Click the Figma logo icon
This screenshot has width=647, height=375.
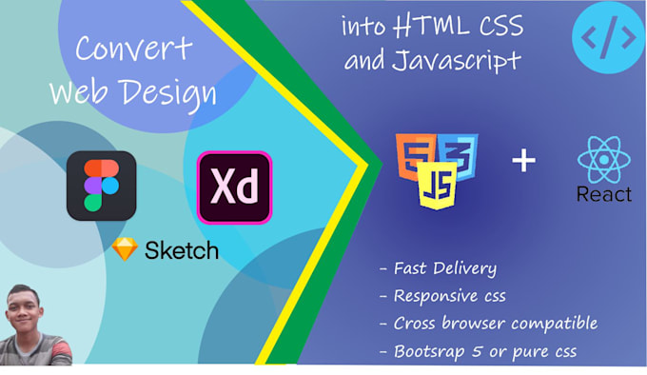click(x=101, y=186)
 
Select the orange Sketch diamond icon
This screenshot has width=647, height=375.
click(x=125, y=249)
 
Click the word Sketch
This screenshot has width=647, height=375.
click(x=181, y=250)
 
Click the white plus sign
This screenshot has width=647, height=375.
click(x=524, y=159)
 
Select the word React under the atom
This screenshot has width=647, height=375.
click(x=603, y=194)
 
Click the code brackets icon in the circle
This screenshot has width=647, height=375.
click(x=608, y=37)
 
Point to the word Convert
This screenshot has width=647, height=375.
click(x=132, y=49)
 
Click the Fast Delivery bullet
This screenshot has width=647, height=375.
click(x=437, y=268)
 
